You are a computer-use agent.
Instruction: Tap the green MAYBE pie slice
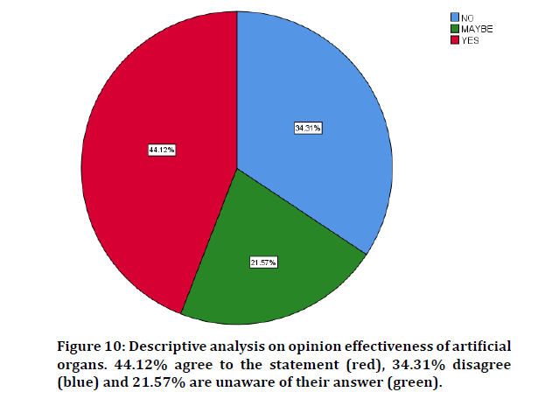tap(262, 280)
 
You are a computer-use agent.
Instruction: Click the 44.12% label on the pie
tap(162, 150)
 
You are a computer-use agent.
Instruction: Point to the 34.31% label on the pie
tap(308, 129)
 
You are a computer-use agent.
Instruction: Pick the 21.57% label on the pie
tap(262, 262)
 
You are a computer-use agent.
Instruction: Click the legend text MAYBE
tap(477, 28)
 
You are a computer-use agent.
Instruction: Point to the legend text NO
tap(468, 17)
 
